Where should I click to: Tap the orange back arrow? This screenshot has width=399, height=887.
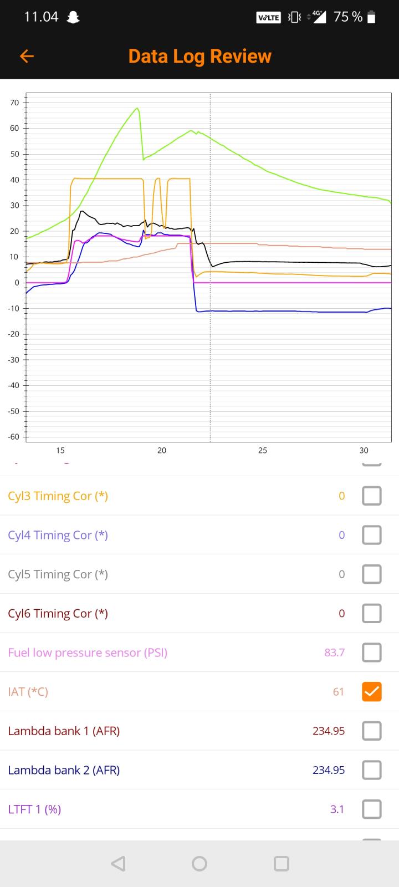[27, 56]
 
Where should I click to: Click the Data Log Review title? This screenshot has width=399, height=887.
[199, 56]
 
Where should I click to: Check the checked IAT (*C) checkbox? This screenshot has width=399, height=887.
[371, 691]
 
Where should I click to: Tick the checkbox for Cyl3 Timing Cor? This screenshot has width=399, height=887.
[371, 496]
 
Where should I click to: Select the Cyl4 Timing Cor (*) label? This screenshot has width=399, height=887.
[58, 535]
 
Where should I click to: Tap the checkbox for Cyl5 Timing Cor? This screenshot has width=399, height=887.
[371, 574]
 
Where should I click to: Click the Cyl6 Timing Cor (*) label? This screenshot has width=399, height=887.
[58, 613]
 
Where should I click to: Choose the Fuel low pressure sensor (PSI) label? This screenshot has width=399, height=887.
[88, 652]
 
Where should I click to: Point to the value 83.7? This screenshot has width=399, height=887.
[334, 652]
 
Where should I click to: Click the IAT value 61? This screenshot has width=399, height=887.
[338, 691]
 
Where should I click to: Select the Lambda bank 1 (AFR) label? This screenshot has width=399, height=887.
[64, 731]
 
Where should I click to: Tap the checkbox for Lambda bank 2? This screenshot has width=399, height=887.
[371, 770]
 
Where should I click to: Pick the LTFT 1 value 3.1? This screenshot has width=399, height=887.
[337, 809]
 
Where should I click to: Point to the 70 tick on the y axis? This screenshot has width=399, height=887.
[14, 103]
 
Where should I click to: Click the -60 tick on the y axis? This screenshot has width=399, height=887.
[13, 437]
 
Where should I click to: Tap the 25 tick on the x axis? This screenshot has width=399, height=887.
[263, 450]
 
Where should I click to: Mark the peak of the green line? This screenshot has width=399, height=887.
[137, 108]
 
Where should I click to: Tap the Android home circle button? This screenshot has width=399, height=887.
[199, 863]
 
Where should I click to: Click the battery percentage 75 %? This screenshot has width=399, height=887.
[348, 17]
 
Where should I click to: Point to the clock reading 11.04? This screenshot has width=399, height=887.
[41, 17]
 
